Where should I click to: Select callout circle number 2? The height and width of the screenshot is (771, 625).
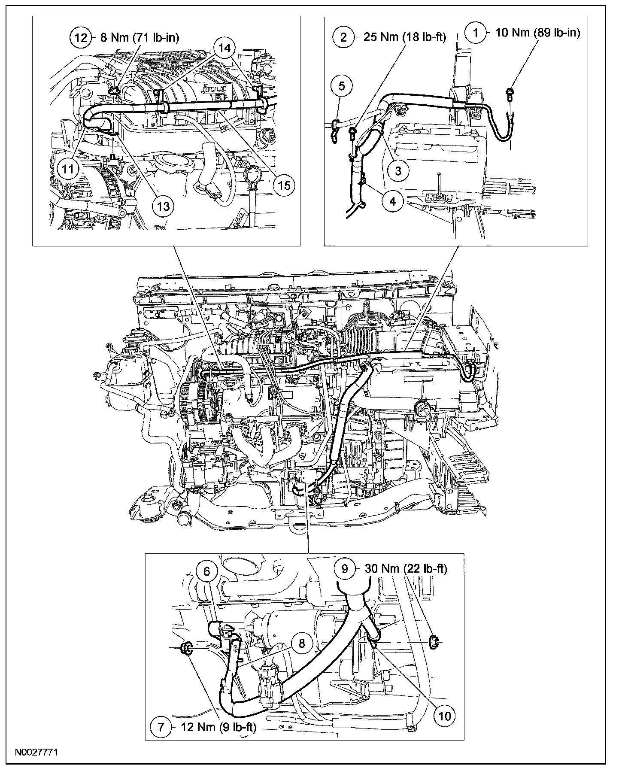click(344, 37)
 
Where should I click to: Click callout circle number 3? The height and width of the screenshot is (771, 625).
click(398, 170)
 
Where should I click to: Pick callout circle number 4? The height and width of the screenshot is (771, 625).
click(394, 200)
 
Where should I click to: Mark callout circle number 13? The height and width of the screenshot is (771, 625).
click(164, 206)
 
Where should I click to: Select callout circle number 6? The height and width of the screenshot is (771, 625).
click(207, 571)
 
